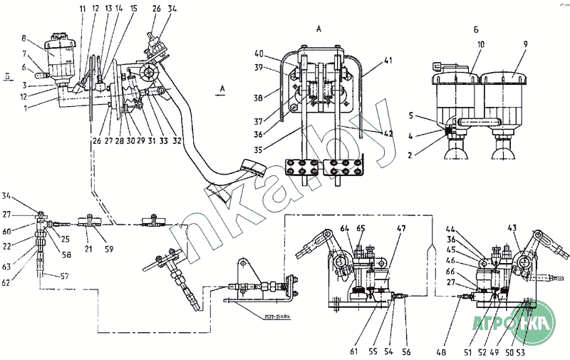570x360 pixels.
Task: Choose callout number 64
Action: click(x=343, y=228)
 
